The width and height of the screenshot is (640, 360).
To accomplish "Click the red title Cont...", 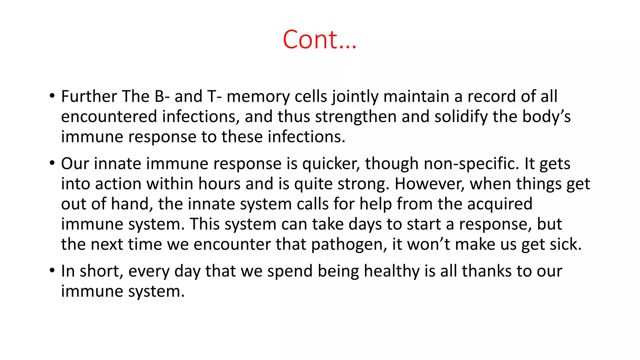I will pyautogui.click(x=319, y=40).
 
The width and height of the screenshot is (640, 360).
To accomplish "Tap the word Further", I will pyautogui.click(x=89, y=96).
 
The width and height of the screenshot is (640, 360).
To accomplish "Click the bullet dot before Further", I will pyautogui.click(x=52, y=96).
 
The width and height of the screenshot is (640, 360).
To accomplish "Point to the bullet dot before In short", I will pyautogui.click(x=52, y=271).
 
